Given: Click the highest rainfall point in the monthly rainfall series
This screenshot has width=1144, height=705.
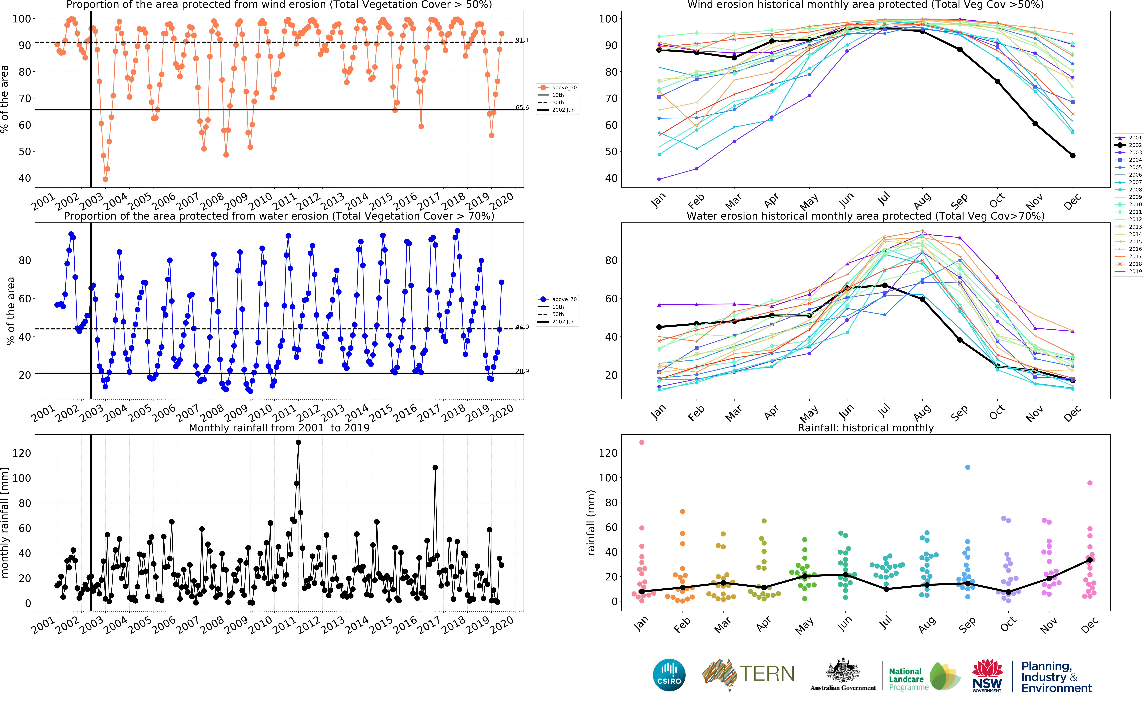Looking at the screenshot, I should (x=298, y=442).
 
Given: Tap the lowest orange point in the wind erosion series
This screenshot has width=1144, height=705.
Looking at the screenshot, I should (x=105, y=179).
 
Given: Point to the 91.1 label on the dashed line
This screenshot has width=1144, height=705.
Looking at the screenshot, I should (x=522, y=40).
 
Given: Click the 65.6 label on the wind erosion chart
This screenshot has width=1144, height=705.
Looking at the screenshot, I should (x=522, y=108).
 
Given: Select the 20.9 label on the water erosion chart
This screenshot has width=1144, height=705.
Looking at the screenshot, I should (x=522, y=371).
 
